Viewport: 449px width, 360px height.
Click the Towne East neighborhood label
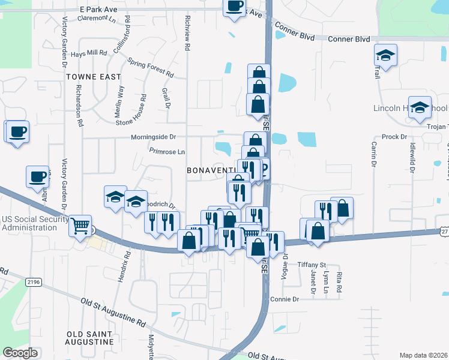pyautogui.click(x=94, y=77)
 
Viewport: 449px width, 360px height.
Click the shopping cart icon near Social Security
pyautogui.click(x=80, y=226)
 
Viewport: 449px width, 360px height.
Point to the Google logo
pyautogui.click(x=20, y=353)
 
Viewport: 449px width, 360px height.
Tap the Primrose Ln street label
pyautogui.click(x=167, y=152)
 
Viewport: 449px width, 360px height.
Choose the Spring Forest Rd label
pyautogui.click(x=151, y=68)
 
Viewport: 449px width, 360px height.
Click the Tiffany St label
pyautogui.click(x=313, y=265)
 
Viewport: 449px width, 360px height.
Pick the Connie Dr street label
pyautogui.click(x=284, y=299)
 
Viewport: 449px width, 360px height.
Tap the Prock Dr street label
pyautogui.click(x=394, y=137)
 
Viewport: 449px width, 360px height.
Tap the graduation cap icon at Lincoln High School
pyautogui.click(x=420, y=108)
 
